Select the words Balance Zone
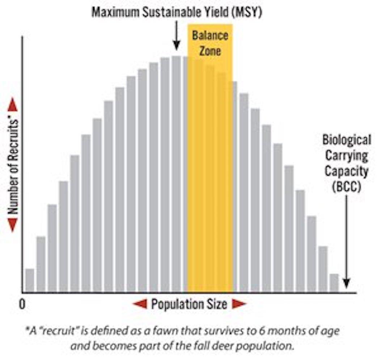coord(210,43)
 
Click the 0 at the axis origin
coord(22,305)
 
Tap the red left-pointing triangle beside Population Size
coord(140,304)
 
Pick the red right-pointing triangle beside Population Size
coord(239,304)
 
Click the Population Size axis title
coord(189,304)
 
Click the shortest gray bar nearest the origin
coord(30,280)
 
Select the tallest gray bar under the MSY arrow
coord(176,174)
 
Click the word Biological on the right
coord(347,140)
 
